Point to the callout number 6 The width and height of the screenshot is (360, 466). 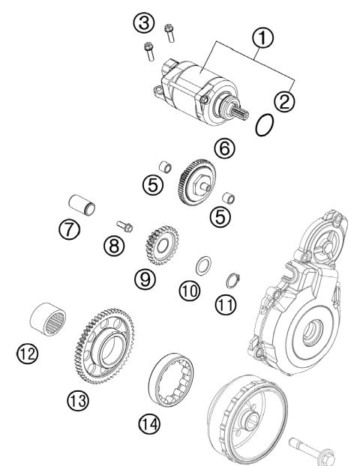(223, 149)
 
